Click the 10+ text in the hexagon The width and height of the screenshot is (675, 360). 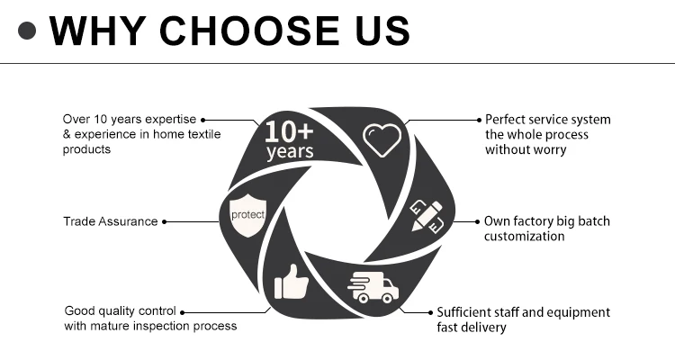coord(290,130)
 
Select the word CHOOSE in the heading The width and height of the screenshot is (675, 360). coord(260,30)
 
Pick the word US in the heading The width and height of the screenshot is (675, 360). coord(382,30)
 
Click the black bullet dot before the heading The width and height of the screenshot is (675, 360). coord(28,31)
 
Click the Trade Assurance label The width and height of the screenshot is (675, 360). coord(110,221)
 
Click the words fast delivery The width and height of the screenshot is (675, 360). coord(472,328)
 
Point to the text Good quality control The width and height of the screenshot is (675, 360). coord(121,310)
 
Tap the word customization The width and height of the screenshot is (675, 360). coord(525,236)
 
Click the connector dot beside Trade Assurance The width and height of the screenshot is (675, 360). coord(166,221)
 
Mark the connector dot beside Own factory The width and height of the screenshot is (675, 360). coord(477,221)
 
